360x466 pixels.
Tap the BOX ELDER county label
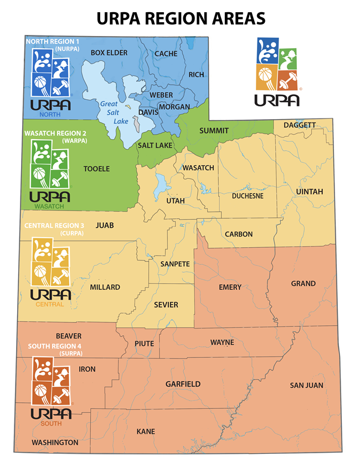(x=109, y=53)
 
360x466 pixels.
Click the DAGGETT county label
(x=299, y=125)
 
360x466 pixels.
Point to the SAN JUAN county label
(x=306, y=385)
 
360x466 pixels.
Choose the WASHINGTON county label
(x=55, y=443)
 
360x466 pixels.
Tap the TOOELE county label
(x=96, y=168)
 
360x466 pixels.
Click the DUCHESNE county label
(x=248, y=196)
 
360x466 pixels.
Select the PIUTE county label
(x=144, y=344)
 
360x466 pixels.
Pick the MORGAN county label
(x=174, y=106)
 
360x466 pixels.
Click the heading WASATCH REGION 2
(x=55, y=134)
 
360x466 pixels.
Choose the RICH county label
(x=196, y=74)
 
